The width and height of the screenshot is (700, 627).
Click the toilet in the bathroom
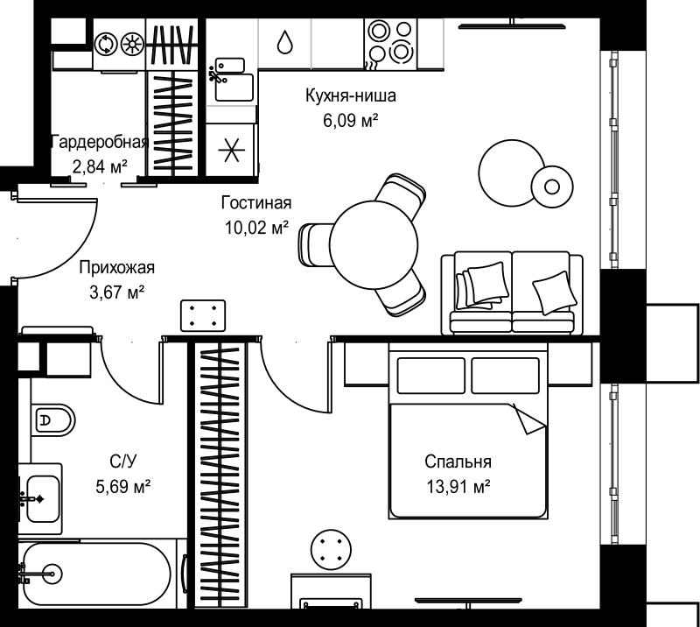point(53,420)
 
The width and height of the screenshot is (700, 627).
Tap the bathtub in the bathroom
point(96,574)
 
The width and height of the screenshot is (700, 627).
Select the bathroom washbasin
point(41,498)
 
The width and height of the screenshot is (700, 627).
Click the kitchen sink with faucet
point(231,79)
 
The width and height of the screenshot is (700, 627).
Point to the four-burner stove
point(390,44)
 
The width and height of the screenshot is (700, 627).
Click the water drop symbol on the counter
point(284,42)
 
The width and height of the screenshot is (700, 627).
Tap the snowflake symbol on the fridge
point(231,150)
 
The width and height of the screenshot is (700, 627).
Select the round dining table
point(374,244)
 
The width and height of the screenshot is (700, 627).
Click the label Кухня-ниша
point(351,95)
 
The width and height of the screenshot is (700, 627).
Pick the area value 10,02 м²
point(256,228)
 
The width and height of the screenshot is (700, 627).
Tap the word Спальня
point(458,461)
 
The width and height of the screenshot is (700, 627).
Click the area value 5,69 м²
point(122,486)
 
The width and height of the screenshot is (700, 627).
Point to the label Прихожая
point(117,268)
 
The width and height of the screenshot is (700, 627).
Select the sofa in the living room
point(512,292)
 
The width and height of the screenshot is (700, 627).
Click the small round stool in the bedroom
point(331,550)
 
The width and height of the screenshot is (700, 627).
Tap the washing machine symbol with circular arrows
point(106,44)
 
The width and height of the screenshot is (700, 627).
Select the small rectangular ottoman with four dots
point(203,315)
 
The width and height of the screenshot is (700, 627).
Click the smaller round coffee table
point(552,187)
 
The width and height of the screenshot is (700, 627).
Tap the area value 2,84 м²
point(100,166)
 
